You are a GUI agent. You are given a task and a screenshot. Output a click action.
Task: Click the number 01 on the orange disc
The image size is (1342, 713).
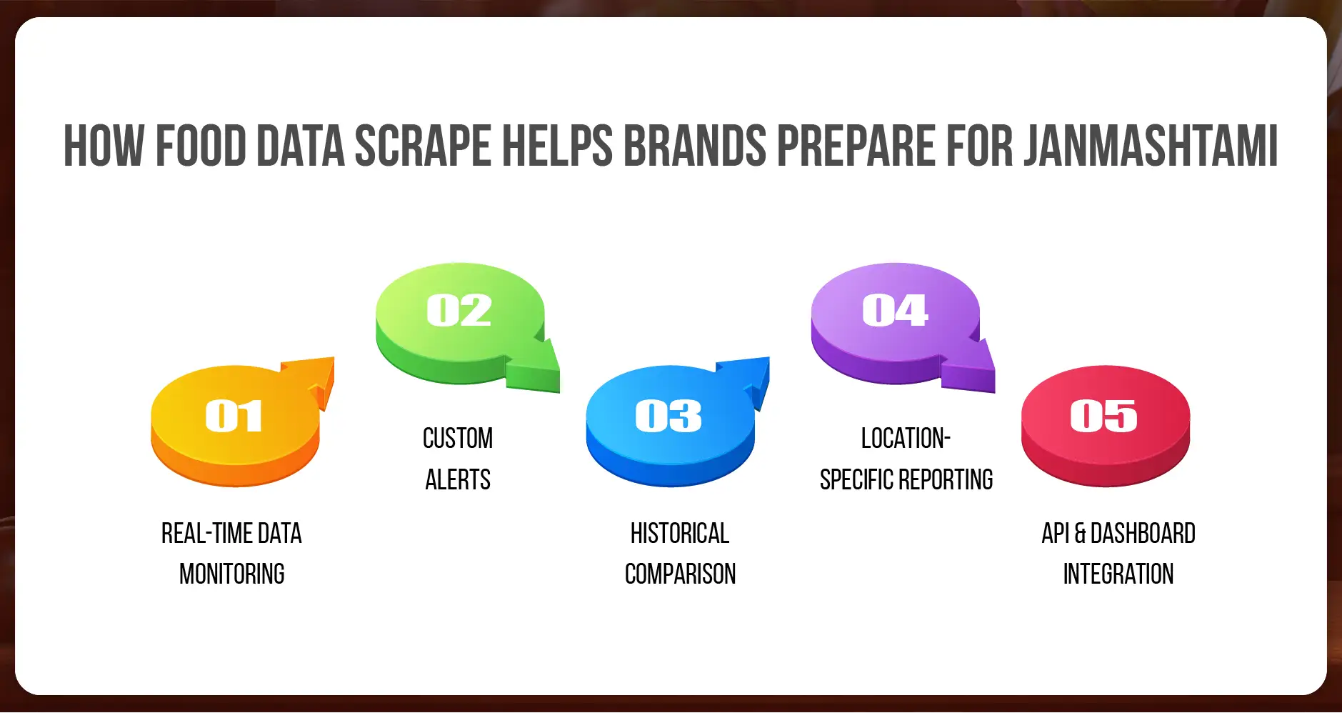[x=234, y=416]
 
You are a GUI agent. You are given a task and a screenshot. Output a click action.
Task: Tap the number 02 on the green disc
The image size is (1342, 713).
[x=459, y=310]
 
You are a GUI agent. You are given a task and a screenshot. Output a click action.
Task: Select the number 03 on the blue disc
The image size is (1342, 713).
[x=669, y=416]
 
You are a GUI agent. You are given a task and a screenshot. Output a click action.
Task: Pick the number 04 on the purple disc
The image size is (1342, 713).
[x=895, y=310]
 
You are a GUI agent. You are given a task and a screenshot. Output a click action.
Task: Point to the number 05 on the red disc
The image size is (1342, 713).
[x=1103, y=416]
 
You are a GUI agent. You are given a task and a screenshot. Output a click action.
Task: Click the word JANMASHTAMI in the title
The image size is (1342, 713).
[x=1151, y=146]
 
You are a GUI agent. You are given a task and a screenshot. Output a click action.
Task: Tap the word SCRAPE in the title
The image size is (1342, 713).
[x=423, y=146]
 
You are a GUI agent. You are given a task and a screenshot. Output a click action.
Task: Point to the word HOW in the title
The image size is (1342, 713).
[x=104, y=146]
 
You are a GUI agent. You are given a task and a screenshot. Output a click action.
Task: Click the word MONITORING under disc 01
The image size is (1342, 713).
[x=232, y=574]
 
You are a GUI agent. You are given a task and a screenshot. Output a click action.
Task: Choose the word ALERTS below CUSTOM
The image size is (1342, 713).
[x=458, y=479]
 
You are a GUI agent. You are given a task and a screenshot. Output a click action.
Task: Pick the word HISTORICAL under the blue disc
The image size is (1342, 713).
[x=680, y=533]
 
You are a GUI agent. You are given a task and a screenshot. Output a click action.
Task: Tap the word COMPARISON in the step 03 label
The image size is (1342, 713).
[x=680, y=574]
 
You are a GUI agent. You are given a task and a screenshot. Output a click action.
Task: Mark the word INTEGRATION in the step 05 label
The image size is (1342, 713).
[x=1118, y=574]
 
